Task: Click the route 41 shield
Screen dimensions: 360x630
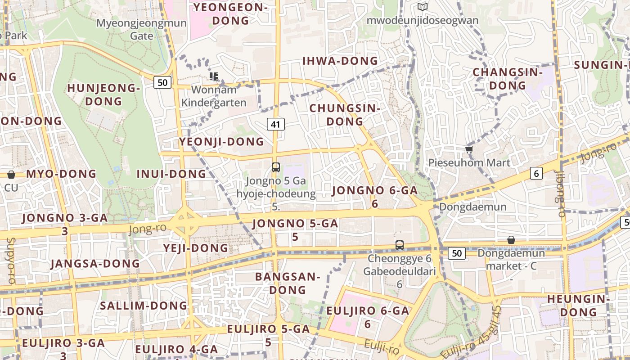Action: (x=276, y=124)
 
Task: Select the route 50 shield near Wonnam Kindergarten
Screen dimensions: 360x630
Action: (x=162, y=82)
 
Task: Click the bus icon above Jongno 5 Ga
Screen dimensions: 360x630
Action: (x=276, y=167)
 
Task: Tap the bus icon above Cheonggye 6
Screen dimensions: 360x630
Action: (x=399, y=245)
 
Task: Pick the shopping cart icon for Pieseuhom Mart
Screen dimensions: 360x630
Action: (x=469, y=149)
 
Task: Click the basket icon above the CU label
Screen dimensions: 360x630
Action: (x=11, y=175)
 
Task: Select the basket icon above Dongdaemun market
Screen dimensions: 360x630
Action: (x=511, y=240)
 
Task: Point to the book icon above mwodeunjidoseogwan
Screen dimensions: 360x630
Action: (x=422, y=7)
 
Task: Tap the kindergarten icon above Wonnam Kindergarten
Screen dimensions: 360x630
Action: (x=214, y=76)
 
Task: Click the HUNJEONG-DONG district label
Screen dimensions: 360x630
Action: (x=104, y=94)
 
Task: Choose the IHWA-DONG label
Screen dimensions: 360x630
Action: (x=340, y=61)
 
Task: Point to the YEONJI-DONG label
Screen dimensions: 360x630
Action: (x=222, y=142)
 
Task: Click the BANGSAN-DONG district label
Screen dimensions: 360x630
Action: (x=288, y=283)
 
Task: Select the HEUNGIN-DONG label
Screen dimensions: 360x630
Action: (x=578, y=305)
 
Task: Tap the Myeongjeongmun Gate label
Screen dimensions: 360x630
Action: (x=142, y=29)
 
